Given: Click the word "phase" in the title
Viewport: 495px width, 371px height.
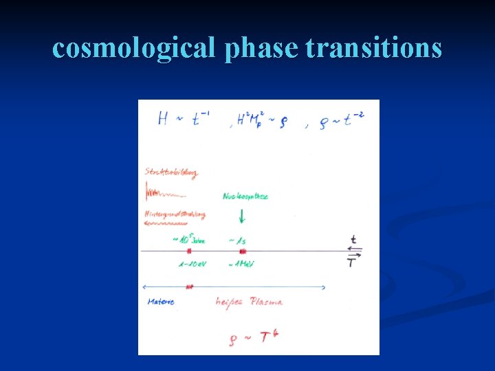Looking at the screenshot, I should click(x=261, y=48).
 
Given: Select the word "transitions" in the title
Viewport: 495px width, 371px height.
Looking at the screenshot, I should click(x=373, y=48).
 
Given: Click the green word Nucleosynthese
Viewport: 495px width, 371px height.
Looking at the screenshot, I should click(x=245, y=196).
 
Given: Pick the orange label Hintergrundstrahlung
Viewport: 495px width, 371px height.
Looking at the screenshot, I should click(x=175, y=214).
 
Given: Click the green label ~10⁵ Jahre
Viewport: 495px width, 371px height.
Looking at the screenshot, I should click(x=188, y=240).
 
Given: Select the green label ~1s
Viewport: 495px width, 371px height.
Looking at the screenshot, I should click(x=238, y=240).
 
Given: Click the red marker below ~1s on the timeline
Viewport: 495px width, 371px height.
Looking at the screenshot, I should click(x=242, y=252).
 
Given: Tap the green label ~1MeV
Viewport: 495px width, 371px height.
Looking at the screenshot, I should click(x=241, y=264).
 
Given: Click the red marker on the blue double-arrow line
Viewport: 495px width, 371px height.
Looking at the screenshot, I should click(x=190, y=286).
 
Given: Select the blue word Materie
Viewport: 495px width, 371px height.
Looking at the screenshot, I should click(x=161, y=302).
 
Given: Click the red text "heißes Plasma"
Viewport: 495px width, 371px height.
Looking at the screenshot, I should click(x=248, y=302).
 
